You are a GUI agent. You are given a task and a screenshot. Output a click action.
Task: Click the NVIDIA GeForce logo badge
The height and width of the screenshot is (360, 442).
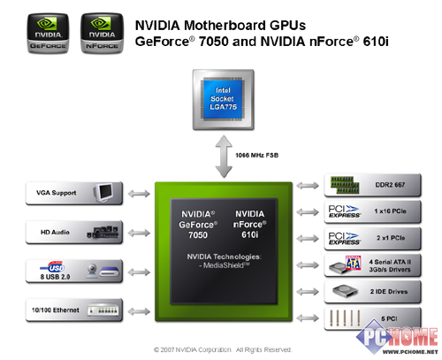pos(48,33)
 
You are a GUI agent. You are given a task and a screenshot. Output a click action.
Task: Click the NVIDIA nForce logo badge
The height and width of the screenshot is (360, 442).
pos(102,33)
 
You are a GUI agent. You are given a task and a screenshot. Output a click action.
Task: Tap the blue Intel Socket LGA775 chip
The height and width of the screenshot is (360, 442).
pos(223,99)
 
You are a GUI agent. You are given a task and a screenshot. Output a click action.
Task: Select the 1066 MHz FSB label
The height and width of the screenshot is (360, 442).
pos(256,155)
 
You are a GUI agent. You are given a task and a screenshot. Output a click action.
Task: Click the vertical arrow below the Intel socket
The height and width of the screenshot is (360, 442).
pos(224,157)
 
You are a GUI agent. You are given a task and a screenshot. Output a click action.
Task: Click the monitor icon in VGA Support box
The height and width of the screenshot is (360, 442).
pos(103,193)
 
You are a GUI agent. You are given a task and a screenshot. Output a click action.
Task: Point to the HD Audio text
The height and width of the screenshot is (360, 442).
pos(55,233)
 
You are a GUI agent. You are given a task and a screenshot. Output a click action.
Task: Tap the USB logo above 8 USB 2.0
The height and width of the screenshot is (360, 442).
pos(52,266)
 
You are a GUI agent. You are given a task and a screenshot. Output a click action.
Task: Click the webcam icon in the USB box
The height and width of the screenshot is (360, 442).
pos(92,271)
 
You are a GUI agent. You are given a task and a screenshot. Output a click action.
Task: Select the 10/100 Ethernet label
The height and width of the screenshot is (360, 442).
pos(56,310)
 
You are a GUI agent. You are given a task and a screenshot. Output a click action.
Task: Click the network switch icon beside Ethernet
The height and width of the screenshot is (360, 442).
pos(103,310)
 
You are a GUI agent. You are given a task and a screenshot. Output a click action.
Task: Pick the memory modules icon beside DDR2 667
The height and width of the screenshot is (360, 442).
pos(345,185)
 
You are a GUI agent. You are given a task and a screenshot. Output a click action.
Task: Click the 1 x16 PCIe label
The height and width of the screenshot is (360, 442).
pos(390,211)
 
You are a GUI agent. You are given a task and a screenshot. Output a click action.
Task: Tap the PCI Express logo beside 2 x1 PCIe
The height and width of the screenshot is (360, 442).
pos(345,239)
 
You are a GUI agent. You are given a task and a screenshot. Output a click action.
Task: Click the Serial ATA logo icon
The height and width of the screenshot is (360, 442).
pos(354,263)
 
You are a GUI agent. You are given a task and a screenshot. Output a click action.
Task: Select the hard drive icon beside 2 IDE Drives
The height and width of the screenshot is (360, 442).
pos(345,291)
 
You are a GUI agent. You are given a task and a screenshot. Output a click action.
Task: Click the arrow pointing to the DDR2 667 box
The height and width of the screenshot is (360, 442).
pos(308,186)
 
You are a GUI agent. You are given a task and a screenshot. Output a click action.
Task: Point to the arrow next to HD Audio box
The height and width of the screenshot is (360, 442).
pos(139,233)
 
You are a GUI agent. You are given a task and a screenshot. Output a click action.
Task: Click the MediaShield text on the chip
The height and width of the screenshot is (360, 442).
pos(225,265)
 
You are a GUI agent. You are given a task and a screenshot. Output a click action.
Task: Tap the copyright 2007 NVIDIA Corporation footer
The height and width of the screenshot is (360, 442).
pos(223,349)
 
